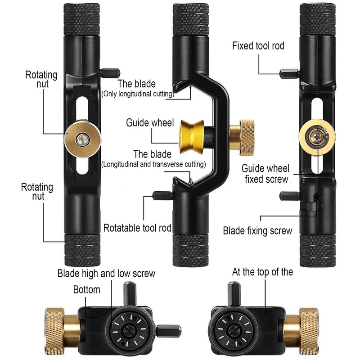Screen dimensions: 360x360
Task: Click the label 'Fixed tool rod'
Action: [258, 46]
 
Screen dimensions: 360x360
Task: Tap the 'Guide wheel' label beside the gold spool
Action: [150, 122]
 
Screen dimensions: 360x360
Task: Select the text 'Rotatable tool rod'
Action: [137, 228]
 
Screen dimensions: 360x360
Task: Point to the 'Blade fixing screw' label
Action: [257, 231]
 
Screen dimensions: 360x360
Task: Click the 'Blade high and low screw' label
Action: [106, 274]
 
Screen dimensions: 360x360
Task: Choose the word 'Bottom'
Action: [86, 289]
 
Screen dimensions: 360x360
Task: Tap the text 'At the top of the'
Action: [262, 272]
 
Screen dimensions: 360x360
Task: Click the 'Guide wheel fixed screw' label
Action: [265, 174]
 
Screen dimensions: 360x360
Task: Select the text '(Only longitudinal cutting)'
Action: [138, 94]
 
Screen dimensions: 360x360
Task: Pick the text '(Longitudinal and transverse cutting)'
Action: [153, 164]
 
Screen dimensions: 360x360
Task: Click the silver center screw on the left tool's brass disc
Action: [82, 139]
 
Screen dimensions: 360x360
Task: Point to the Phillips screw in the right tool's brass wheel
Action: [317, 137]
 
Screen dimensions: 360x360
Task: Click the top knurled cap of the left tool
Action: [81, 19]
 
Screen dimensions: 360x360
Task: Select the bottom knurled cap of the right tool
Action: [317, 251]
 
